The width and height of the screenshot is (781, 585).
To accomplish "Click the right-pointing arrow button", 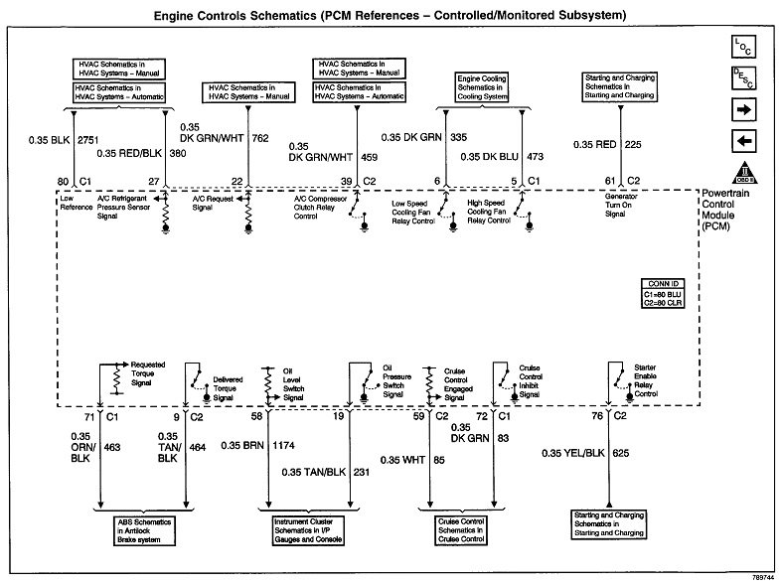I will (x=744, y=108).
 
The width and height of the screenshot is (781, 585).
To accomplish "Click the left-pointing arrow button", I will (x=744, y=139).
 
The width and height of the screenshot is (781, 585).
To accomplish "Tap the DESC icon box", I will (x=744, y=77).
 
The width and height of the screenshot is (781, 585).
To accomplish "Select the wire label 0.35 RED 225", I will (x=607, y=144).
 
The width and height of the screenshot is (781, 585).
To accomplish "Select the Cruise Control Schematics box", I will (x=461, y=526).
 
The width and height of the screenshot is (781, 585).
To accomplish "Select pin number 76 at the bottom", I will (x=596, y=417).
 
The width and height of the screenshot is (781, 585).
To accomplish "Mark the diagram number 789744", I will (x=758, y=576).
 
